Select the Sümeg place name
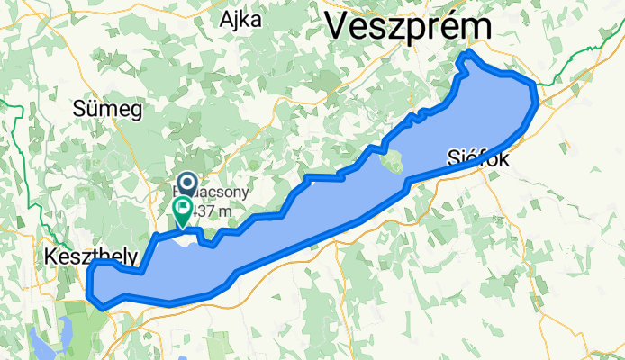107,110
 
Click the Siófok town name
478,159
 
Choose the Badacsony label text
214,193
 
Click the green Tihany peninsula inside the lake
393,163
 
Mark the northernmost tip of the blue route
466,57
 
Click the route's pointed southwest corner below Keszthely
104,307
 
